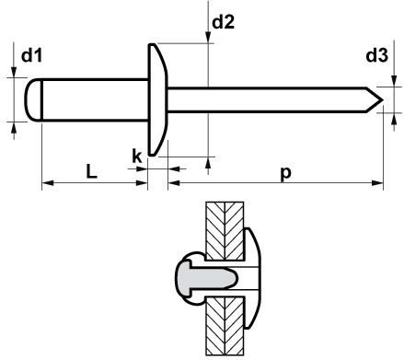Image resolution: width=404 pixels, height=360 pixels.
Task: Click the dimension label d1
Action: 31,56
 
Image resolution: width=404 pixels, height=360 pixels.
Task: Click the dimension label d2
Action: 224,22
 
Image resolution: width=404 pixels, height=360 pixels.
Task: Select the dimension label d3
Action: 377,55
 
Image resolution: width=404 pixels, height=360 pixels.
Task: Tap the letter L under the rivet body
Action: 91,171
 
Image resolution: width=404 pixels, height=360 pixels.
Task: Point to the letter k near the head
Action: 137,156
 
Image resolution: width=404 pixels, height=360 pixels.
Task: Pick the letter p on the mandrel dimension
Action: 285,174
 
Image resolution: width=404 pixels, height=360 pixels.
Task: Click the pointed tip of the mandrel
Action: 383,99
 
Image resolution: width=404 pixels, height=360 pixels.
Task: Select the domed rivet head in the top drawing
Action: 157,99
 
